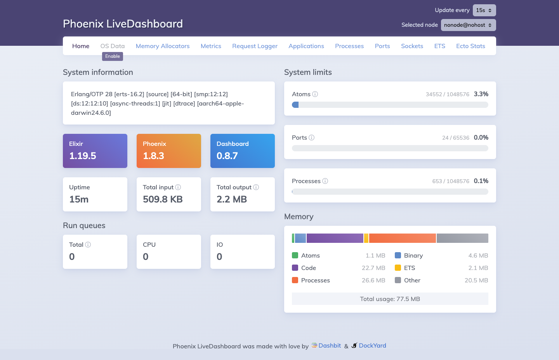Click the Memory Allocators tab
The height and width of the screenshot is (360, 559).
pyautogui.click(x=163, y=46)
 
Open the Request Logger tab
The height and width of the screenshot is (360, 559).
pyautogui.click(x=255, y=46)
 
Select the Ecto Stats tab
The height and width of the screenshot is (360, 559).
pyautogui.click(x=470, y=46)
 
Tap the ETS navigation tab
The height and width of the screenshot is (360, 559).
pyautogui.click(x=439, y=46)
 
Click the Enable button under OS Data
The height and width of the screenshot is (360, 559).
pyautogui.click(x=113, y=56)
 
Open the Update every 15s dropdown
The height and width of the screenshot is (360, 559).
pyautogui.click(x=484, y=10)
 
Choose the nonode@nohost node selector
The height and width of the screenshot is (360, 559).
pyautogui.click(x=468, y=25)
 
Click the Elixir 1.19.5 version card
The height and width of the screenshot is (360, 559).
pyautogui.click(x=95, y=151)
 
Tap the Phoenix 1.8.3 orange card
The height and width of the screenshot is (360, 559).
pyautogui.click(x=169, y=151)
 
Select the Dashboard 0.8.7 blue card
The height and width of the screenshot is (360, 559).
pyautogui.click(x=243, y=151)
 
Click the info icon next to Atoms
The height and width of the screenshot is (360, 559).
pyautogui.click(x=315, y=94)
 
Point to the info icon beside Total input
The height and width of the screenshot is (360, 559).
pyautogui.click(x=178, y=187)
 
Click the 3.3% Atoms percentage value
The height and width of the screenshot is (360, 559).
pyautogui.click(x=481, y=94)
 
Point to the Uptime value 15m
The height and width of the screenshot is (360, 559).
pyautogui.click(x=79, y=199)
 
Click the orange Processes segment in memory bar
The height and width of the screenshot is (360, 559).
pyautogui.click(x=402, y=238)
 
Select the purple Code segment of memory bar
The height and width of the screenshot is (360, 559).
pyautogui.click(x=335, y=238)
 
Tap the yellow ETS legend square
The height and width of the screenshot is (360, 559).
pyautogui.click(x=398, y=268)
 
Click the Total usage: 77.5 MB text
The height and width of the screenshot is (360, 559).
pyautogui.click(x=390, y=299)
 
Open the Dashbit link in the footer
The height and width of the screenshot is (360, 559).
pyautogui.click(x=329, y=346)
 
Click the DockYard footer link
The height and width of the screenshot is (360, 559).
pyautogui.click(x=372, y=346)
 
